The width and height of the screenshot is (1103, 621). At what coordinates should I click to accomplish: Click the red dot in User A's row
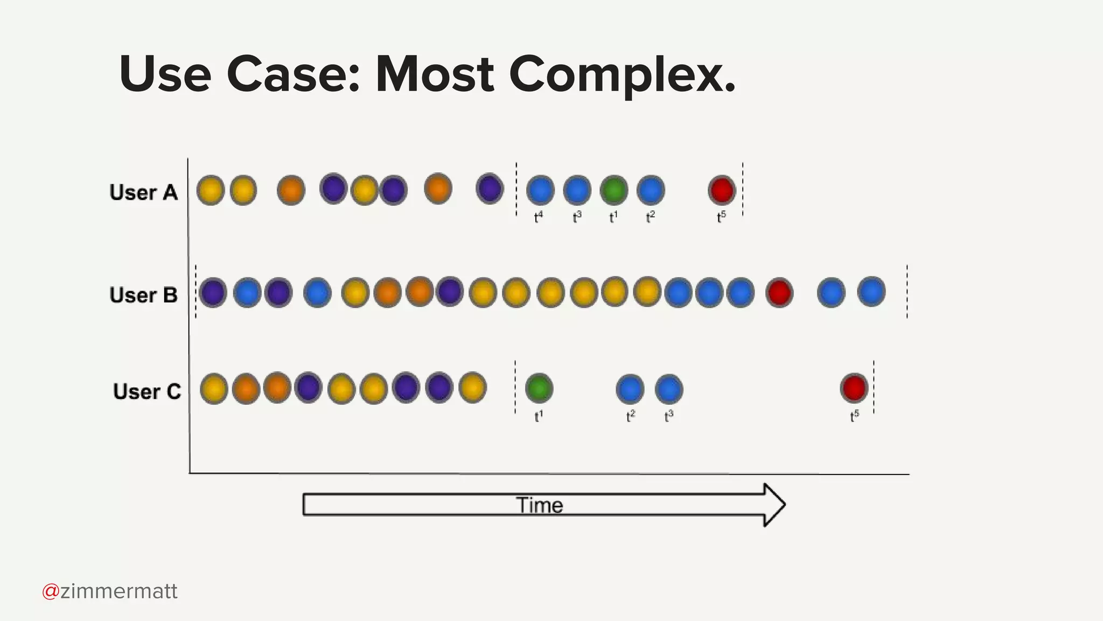pos(722,190)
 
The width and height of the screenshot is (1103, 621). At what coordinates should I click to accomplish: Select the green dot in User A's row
pos(614,190)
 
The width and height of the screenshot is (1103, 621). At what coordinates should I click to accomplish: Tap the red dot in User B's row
pos(779,293)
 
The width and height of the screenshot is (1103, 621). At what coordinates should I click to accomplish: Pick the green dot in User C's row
pos(539,388)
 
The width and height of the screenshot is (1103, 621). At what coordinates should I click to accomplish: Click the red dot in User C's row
pos(854,388)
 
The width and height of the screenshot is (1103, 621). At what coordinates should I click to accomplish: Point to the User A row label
pos(143,192)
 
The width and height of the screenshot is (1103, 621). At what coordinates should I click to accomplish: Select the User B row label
pos(143,295)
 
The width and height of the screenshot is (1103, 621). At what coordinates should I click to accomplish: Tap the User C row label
pos(147,391)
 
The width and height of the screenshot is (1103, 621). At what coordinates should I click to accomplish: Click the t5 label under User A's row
pos(721,217)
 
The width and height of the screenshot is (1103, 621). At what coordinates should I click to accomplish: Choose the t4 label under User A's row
pos(538,217)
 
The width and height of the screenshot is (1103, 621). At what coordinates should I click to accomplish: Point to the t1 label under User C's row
pos(539,416)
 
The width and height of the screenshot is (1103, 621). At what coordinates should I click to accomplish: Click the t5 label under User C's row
pos(854,416)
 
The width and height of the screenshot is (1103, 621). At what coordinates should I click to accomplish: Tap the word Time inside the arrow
pos(540,505)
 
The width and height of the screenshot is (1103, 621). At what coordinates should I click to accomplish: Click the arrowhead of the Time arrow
pos(774,505)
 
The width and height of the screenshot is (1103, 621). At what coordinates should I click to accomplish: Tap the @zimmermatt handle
pos(110,591)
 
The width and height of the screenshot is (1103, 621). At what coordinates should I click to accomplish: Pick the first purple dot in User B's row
pos(213,293)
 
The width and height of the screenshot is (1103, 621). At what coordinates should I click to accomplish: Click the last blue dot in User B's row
pos(871,292)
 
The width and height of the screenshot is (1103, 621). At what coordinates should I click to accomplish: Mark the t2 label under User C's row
pos(631,416)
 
